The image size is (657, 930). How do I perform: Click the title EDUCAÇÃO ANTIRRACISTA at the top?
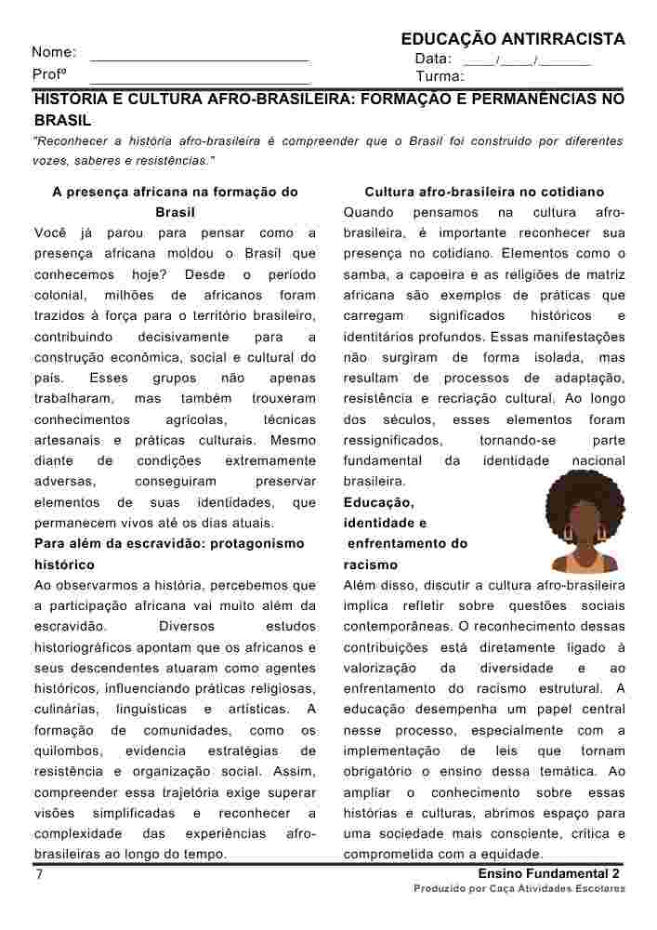pos(512,39)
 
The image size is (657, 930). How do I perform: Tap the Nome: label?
pos(54,53)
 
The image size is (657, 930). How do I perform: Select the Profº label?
pos(47,74)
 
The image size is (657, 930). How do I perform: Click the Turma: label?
pos(440,76)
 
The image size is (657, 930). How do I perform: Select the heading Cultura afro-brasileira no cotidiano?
pos(484,193)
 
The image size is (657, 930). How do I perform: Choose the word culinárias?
pos(67,710)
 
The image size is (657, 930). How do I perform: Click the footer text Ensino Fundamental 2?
pos(548,875)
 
